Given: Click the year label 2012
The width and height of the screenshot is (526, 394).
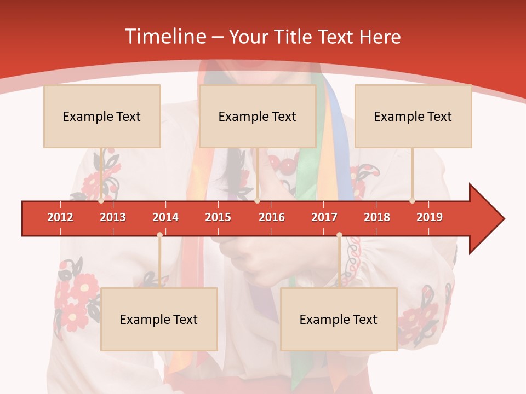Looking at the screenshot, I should click(x=60, y=217).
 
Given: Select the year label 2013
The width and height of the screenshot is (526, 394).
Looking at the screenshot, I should click(x=113, y=217).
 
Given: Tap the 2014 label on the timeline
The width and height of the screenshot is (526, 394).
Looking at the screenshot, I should click(x=165, y=217).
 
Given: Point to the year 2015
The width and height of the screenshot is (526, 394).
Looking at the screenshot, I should click(x=218, y=217).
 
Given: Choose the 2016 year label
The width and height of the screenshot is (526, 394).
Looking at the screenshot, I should click(x=272, y=217).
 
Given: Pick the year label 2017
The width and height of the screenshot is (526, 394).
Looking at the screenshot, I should click(x=324, y=217).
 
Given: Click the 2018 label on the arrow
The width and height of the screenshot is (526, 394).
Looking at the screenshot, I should click(x=377, y=217).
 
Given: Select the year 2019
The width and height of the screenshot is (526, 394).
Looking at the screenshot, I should click(x=430, y=217).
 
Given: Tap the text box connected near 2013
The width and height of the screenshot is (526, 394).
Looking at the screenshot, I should click(x=102, y=116).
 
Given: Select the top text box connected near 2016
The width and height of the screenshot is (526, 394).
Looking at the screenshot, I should click(x=258, y=116).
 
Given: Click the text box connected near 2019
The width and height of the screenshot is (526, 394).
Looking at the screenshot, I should click(x=413, y=116).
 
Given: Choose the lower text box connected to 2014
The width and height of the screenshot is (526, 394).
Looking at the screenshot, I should click(x=159, y=319).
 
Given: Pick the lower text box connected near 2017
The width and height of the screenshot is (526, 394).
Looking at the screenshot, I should click(x=339, y=319).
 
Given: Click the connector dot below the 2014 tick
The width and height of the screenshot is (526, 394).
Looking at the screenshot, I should click(x=159, y=235).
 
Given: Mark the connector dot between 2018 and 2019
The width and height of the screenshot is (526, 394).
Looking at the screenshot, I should click(x=412, y=200).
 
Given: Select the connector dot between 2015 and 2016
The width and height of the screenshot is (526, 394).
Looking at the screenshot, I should click(x=257, y=200).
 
